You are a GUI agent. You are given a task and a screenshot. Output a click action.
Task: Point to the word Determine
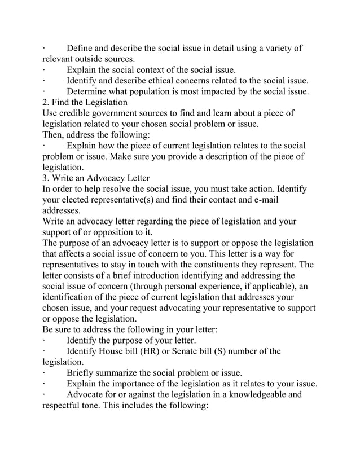click(x=88, y=91)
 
